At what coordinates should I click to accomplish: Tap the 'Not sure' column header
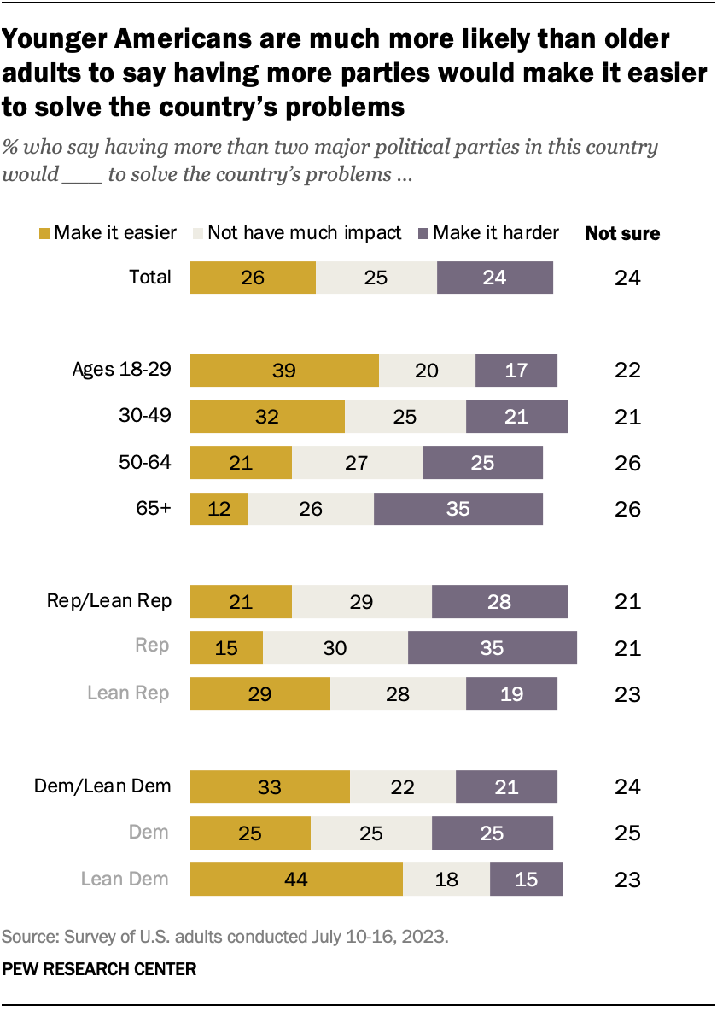622,234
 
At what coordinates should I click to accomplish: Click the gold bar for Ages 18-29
284,371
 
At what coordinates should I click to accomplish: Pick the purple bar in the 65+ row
458,509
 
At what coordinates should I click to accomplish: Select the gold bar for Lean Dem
296,879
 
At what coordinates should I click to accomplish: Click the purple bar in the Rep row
492,647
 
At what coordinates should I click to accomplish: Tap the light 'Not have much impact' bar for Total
376,278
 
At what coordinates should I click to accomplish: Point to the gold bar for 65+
219,509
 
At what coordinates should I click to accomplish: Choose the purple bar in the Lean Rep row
511,693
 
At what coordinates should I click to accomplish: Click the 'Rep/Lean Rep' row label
109,601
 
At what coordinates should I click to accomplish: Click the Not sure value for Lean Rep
627,693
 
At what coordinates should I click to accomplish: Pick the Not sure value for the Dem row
627,833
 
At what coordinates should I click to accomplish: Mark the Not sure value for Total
627,278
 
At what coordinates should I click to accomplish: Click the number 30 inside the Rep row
335,647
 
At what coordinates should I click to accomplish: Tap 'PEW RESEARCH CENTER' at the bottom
100,969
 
